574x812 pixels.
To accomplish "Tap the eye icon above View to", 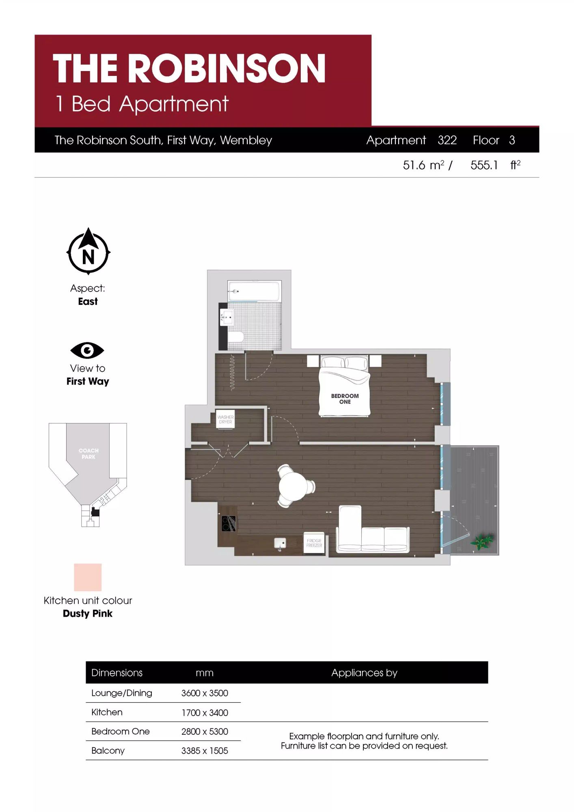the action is click(x=87, y=350).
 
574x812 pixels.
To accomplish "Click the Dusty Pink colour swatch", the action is click(x=88, y=577).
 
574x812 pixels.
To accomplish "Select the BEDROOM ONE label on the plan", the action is click(x=345, y=399).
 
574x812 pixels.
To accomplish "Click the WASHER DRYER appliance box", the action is click(x=225, y=420).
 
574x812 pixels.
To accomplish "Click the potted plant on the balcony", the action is click(x=482, y=541).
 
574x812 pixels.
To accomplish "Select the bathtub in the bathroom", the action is click(x=254, y=291).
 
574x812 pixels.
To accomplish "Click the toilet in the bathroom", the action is click(x=236, y=337).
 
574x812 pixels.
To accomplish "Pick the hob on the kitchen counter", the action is click(x=229, y=523).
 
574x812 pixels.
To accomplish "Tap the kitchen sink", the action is click(x=280, y=543).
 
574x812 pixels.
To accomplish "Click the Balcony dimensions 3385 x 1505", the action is click(x=205, y=751).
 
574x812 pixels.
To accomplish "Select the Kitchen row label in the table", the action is click(x=107, y=712).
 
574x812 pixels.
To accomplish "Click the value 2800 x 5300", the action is click(x=205, y=731).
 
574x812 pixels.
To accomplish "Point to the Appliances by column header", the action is click(x=364, y=673).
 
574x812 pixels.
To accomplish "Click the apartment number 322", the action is click(x=447, y=140).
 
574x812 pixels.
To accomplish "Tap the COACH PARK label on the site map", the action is click(x=88, y=454).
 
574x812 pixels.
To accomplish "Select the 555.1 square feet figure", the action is click(x=484, y=165).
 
